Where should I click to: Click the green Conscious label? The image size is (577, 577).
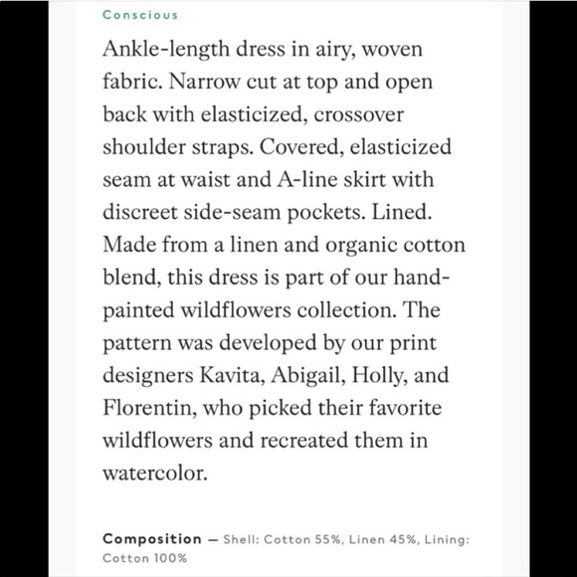tap(139, 15)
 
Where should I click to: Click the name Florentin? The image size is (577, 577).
tap(145, 408)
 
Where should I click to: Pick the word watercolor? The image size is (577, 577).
tap(155, 472)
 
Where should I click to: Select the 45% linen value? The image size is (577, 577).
tap(396, 539)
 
